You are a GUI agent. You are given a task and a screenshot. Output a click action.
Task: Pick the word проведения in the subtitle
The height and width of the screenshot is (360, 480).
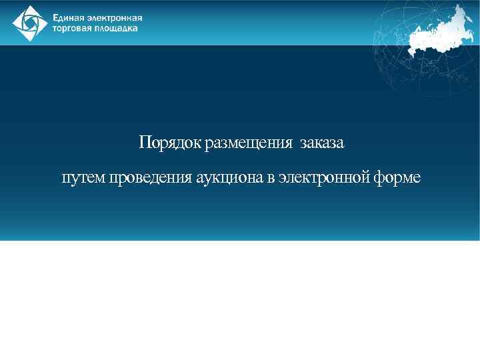pyautogui.click(x=151, y=179)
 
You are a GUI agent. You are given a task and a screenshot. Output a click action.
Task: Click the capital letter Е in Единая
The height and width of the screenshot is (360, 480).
pyautogui.click(x=57, y=18)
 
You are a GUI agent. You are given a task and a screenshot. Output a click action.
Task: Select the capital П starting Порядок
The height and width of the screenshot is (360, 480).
pyautogui.click(x=144, y=143)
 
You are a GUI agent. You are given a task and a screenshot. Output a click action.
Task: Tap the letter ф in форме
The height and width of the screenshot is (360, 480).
pyautogui.click(x=381, y=179)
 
